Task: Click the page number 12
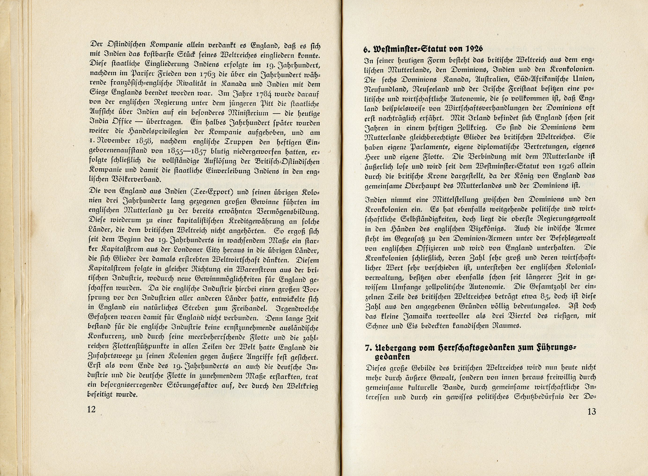(91, 409)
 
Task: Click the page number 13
(592, 411)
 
